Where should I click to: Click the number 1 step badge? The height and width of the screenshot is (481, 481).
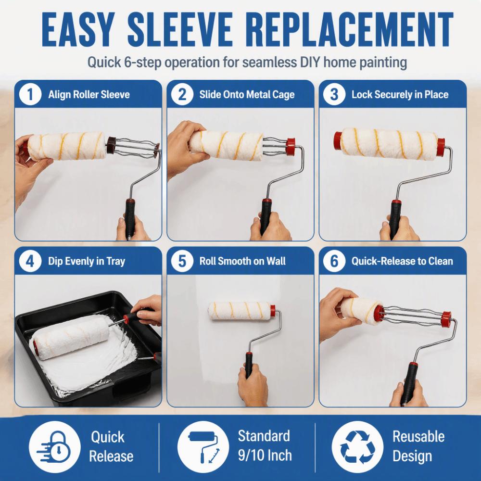tap(30, 94)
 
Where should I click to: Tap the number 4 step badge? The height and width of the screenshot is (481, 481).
tap(30, 261)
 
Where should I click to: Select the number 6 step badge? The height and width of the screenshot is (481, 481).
tap(334, 261)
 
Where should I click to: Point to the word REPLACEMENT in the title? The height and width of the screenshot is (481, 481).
tap(350, 30)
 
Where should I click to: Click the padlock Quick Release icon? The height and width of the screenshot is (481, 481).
tap(55, 447)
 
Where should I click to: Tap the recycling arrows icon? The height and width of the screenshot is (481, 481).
tap(357, 447)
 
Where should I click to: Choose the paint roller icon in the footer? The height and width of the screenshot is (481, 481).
tap(203, 447)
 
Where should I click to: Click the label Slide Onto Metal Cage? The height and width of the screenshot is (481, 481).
tap(247, 94)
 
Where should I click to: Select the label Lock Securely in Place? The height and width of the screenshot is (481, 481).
tap(400, 94)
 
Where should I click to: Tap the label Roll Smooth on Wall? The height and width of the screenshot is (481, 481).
tap(242, 261)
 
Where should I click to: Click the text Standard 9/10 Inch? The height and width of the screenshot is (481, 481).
tap(265, 446)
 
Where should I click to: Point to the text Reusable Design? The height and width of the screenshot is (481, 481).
tap(418, 446)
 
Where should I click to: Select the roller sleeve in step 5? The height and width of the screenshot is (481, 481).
tap(239, 310)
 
